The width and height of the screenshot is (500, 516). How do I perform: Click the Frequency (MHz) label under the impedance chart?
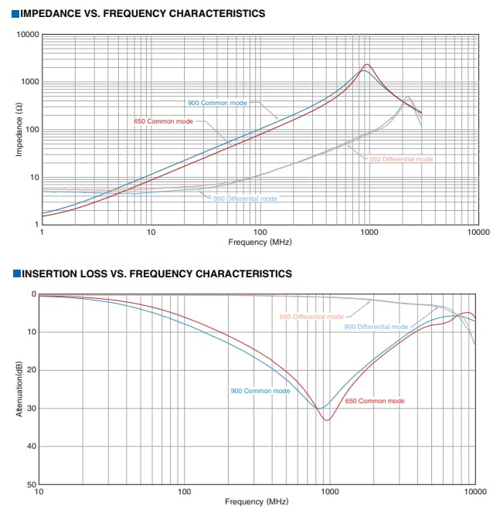(260, 242)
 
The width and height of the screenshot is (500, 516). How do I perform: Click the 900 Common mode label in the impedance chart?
(217, 103)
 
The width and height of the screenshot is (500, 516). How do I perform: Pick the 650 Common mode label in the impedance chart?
(163, 122)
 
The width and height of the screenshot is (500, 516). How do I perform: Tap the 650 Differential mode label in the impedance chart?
(401, 159)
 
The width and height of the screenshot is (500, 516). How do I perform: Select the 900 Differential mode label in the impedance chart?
(245, 199)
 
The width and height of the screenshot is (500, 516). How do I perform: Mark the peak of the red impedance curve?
(368, 64)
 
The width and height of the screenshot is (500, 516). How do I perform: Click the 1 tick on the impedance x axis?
(41, 232)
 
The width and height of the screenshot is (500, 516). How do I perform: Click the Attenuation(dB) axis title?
(19, 389)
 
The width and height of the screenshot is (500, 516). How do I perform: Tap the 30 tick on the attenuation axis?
(32, 409)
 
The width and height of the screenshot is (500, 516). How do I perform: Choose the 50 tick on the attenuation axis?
(32, 484)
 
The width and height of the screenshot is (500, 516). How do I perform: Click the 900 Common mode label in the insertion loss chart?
(260, 391)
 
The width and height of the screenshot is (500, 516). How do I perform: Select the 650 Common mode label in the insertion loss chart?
(375, 401)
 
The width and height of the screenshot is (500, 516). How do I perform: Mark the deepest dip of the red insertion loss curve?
(328, 420)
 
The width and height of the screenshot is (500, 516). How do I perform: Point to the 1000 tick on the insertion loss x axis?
(330, 492)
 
